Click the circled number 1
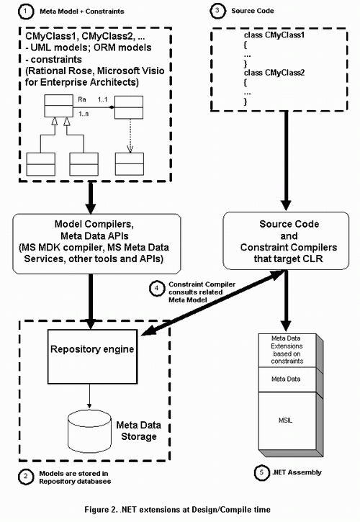click(25, 12)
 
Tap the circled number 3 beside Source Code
click(217, 11)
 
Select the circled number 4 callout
click(157, 288)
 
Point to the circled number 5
click(262, 472)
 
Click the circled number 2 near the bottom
click(26, 477)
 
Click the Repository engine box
click(92, 356)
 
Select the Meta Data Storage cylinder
click(89, 432)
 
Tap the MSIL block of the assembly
click(286, 420)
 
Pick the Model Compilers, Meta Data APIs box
click(96, 243)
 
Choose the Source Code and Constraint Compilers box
click(286, 240)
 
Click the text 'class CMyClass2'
click(274, 73)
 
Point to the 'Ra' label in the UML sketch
click(82, 99)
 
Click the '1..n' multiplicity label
click(84, 114)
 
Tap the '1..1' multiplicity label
click(102, 99)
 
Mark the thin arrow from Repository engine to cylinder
click(89, 396)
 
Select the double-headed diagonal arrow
click(214, 302)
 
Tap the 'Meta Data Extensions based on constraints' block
click(287, 349)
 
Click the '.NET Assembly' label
click(297, 472)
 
